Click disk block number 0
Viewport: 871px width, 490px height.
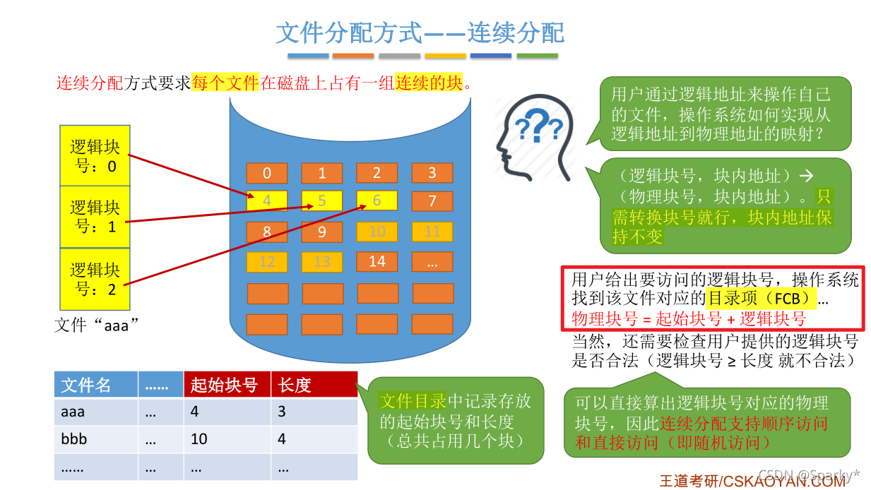pos(267,174)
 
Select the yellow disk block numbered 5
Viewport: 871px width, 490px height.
pos(322,201)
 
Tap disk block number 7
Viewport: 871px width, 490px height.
pos(432,201)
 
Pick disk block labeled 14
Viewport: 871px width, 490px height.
pos(377,261)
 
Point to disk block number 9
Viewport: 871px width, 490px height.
pos(322,232)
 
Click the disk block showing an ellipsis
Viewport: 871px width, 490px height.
pos(432,261)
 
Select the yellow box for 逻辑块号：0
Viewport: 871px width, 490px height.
pos(95,156)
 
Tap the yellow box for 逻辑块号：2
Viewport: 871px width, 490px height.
pos(95,279)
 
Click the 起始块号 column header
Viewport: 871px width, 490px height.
pos(227,385)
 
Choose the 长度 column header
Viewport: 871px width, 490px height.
pos(314,385)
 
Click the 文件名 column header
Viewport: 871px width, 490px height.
pos(95,385)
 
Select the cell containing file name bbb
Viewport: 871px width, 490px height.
pos(95,439)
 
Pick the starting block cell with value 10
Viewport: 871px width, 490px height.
pos(227,439)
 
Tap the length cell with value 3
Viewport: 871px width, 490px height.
pos(314,412)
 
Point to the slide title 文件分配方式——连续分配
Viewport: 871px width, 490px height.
pos(420,33)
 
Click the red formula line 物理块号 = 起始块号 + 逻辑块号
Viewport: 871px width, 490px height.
pos(688,318)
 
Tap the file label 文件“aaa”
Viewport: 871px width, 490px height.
pos(96,325)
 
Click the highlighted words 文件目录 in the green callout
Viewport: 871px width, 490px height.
pos(413,402)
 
